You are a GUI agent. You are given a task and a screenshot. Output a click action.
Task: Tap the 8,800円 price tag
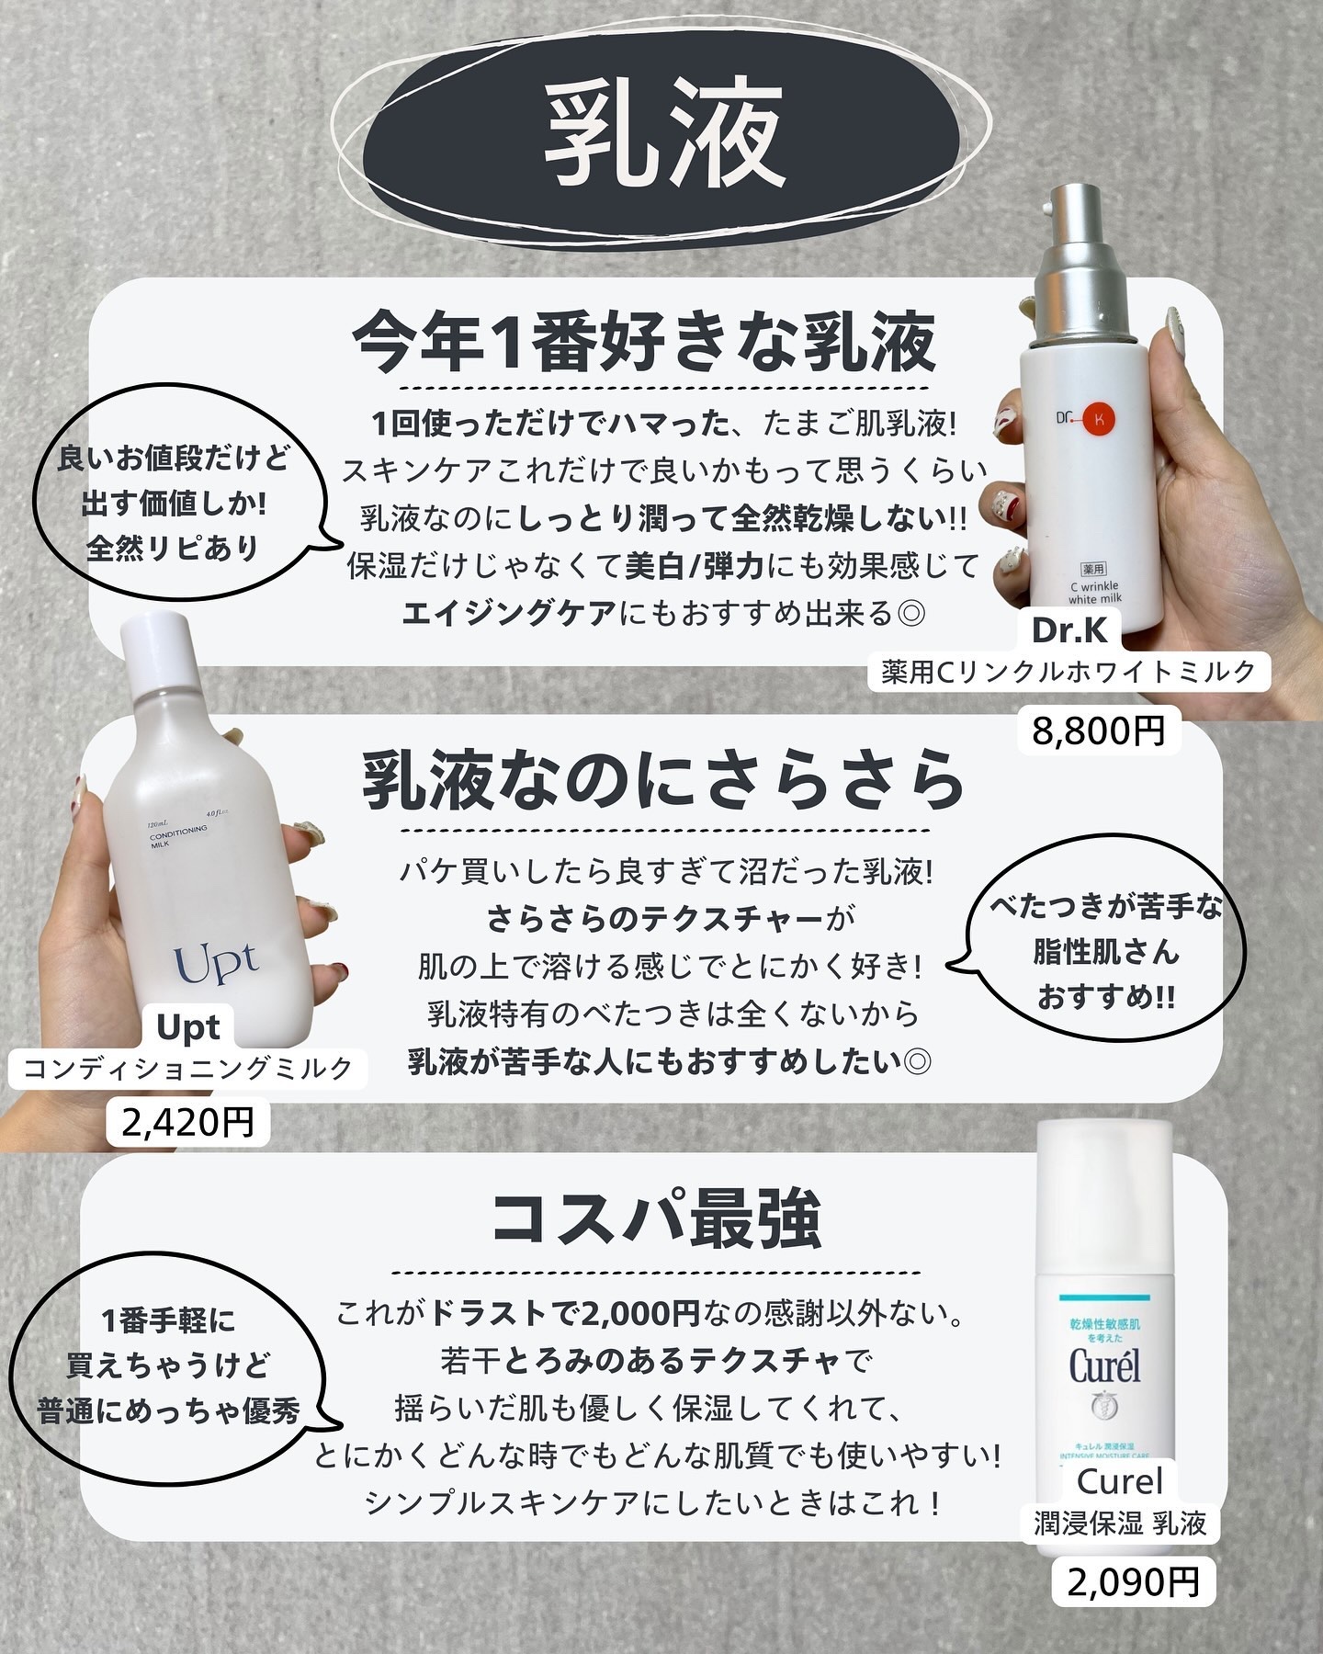1099,731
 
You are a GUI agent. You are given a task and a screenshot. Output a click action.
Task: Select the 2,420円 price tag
188,1122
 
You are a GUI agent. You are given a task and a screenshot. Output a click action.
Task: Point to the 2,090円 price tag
1134,1582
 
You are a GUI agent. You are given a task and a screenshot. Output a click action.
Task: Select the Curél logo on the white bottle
1104,1366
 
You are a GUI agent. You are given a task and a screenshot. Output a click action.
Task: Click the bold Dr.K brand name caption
1070,630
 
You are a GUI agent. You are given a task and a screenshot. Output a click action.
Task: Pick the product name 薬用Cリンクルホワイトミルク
1069,673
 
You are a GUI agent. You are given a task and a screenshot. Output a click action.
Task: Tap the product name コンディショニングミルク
188,1069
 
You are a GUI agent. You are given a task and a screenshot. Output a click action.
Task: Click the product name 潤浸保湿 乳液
1120,1524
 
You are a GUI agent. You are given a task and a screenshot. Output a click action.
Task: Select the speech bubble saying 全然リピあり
175,504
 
